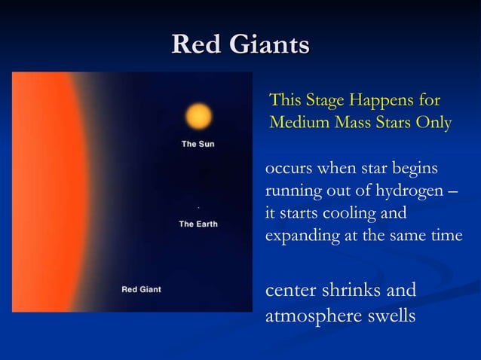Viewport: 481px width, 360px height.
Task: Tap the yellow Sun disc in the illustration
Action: coord(199,117)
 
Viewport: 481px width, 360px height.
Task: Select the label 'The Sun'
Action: coord(198,144)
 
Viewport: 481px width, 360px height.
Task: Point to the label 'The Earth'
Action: coord(198,224)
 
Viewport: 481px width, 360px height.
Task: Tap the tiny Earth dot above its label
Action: coord(198,206)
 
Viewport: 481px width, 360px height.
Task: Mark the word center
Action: coord(290,291)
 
